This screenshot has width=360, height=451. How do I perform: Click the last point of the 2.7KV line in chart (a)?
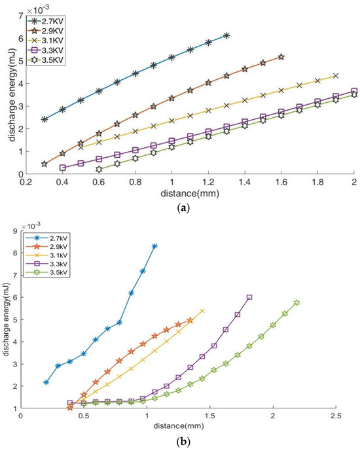[226, 35]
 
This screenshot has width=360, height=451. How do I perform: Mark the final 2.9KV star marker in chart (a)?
[281, 58]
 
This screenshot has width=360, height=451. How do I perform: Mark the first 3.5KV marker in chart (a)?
[99, 169]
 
